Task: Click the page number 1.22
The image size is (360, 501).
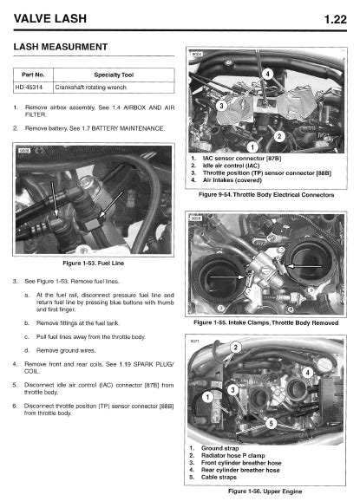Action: coord(336,19)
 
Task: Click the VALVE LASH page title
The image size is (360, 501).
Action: coord(50,18)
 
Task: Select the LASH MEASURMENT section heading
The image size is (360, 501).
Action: coord(61,47)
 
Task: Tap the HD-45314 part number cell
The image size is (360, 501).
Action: coord(29,88)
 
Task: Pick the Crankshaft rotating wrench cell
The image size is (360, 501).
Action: coord(91,88)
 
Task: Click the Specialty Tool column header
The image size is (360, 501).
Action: coord(114,75)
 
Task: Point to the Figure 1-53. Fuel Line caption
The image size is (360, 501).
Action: coord(94,264)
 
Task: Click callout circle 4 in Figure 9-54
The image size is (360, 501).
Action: coord(268,75)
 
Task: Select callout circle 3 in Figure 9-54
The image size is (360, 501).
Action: coord(221,106)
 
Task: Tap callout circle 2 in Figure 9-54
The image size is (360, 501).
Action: coord(279,136)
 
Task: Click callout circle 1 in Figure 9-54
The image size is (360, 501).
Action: coord(252,147)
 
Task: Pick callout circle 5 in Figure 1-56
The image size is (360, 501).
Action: coord(272,424)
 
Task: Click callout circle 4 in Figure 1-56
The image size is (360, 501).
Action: coord(308,372)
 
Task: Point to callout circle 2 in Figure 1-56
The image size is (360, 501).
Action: coord(236,348)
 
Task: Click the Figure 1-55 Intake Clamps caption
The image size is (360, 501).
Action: coord(266,322)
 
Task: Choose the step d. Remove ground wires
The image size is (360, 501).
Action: coord(60,351)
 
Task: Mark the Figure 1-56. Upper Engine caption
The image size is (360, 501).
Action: coord(265,491)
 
